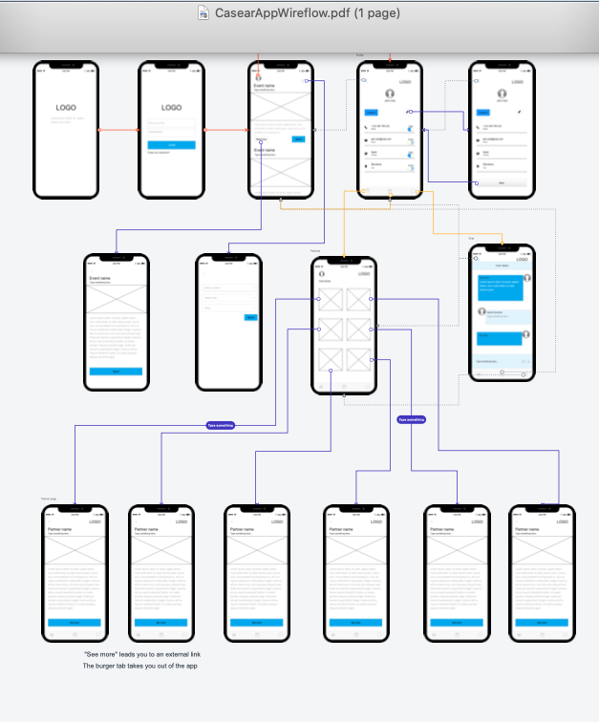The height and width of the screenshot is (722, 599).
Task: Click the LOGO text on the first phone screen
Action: pos(66,108)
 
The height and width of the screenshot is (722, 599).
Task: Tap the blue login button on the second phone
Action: pos(172,144)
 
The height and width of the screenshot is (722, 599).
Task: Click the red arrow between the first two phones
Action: pos(119,130)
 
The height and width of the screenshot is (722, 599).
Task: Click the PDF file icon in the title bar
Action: pos(203,13)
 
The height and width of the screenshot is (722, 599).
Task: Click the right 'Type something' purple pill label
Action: pos(412,419)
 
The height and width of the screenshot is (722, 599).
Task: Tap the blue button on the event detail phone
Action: pos(117,371)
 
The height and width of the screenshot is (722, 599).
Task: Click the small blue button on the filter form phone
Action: pos(251,317)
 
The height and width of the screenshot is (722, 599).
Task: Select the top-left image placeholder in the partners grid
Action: pos(330,299)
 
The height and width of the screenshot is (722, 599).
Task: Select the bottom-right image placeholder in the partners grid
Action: pos(359,359)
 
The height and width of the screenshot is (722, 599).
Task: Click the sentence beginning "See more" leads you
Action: pos(142,653)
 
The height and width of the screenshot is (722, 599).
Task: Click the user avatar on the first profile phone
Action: pos(390,94)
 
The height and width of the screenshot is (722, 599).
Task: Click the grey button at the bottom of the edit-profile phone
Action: pos(502,182)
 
